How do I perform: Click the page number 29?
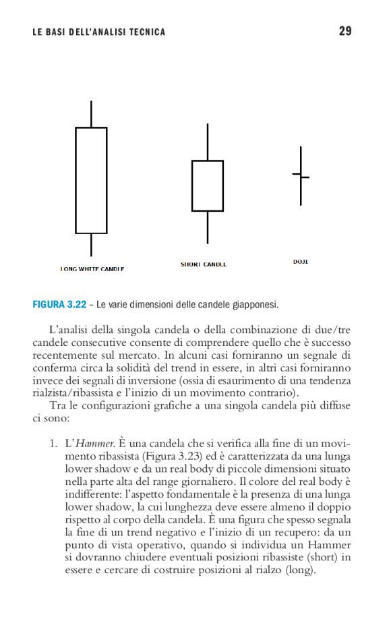344,32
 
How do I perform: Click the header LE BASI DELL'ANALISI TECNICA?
98,32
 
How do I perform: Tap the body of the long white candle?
91,180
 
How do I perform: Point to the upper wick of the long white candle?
91,114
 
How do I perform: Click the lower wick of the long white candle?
91,244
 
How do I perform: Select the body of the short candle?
208,185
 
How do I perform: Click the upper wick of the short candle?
208,142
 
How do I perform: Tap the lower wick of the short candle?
208,227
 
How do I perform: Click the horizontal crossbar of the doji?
301,176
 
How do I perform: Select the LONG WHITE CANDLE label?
92,269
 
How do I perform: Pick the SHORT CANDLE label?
204,264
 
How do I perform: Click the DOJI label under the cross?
301,261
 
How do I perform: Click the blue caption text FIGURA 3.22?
59,305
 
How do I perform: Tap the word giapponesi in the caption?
251,305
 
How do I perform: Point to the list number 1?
51,444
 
